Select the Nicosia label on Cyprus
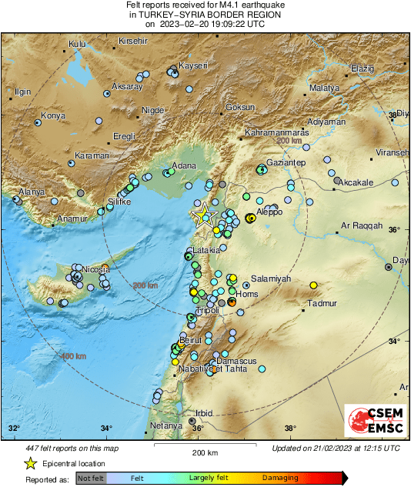click(96, 269)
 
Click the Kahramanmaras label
click(276, 133)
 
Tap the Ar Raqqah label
click(361, 226)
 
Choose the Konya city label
click(53, 115)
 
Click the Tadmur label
click(322, 303)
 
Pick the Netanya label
click(166, 425)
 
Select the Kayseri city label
click(193, 66)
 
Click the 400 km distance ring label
click(73, 356)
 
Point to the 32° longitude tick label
click(14, 429)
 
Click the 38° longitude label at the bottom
click(290, 429)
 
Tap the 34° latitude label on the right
click(394, 341)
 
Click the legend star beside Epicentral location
click(30, 464)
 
